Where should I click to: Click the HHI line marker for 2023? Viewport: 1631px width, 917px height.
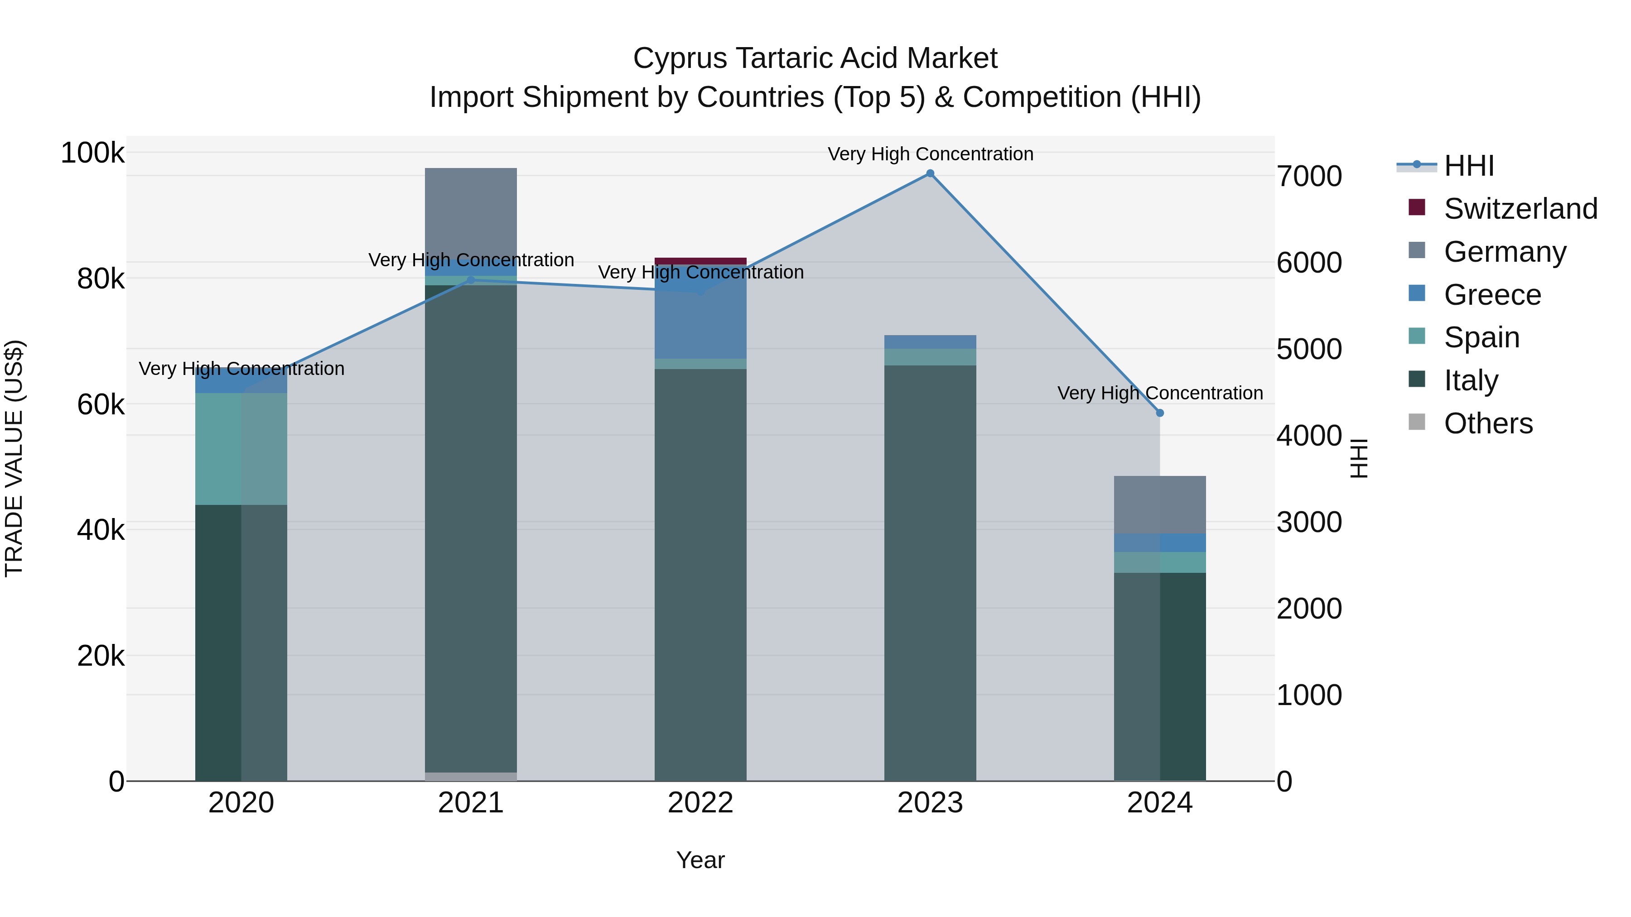coord(930,173)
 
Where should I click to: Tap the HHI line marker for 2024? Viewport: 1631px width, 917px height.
coord(1159,413)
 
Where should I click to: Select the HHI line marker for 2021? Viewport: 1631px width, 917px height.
coord(470,280)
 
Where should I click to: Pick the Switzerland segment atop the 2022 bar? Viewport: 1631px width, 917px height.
coord(700,261)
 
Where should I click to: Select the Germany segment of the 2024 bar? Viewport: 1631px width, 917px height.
coord(1159,504)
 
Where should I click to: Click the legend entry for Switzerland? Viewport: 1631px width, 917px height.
coord(1520,209)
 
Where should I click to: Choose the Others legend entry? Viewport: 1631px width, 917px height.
coord(1488,423)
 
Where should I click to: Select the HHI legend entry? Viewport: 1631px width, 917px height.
coord(1469,166)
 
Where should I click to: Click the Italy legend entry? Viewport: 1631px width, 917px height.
coord(1470,380)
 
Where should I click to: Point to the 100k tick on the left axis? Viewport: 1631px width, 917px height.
coord(92,153)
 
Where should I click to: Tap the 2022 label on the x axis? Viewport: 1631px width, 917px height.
coord(700,803)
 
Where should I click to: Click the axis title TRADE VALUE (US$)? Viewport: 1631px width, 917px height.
coord(14,458)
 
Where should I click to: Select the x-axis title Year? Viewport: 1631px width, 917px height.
coord(700,860)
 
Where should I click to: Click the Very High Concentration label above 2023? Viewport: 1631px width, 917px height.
coord(930,154)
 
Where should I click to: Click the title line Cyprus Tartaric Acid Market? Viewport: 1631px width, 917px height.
coord(815,58)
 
